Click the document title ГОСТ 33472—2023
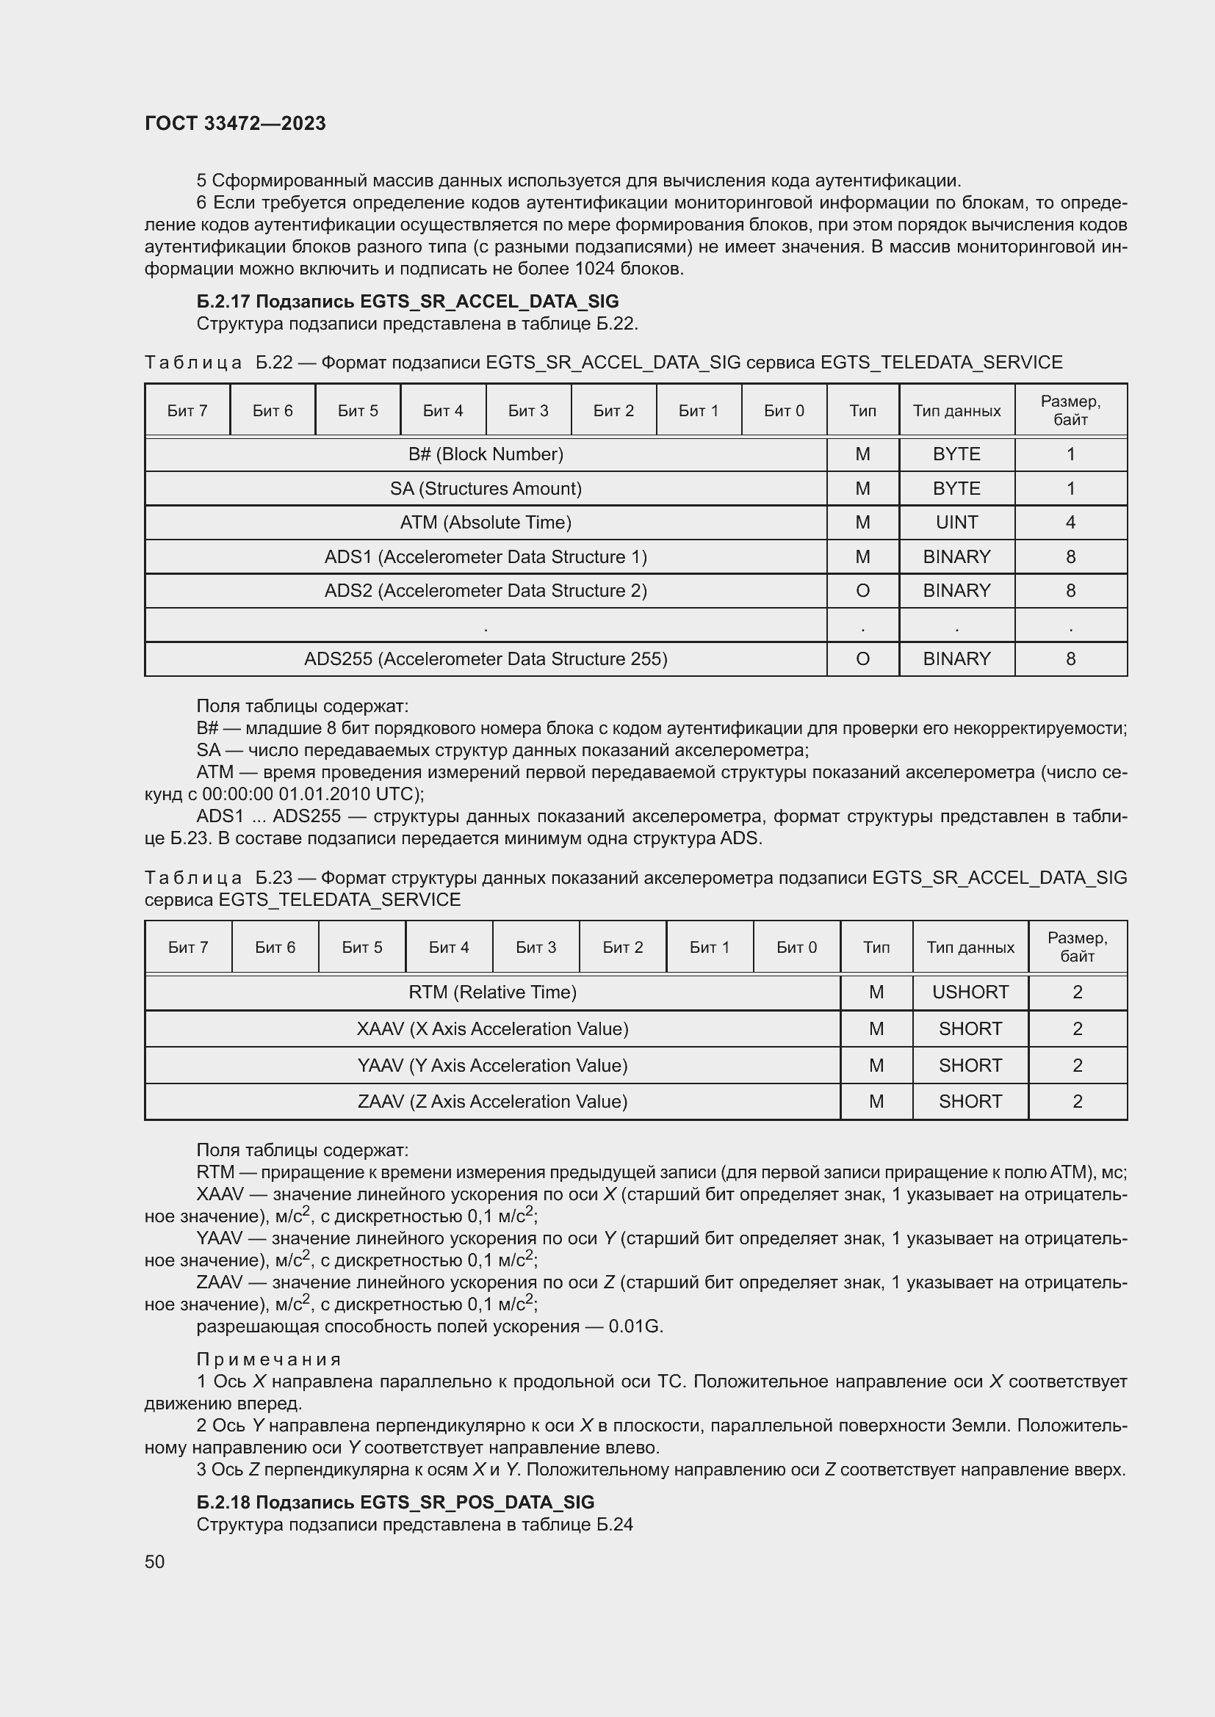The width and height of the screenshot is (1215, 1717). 235,123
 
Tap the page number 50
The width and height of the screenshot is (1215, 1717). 154,1561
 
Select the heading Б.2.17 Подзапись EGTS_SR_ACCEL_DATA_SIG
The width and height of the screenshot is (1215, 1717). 407,302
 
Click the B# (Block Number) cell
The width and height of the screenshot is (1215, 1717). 486,454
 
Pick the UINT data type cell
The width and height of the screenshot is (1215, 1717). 956,522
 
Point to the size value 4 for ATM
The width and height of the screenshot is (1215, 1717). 1070,522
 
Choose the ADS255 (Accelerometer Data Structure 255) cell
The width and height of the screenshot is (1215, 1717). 486,658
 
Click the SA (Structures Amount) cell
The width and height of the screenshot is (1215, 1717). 486,488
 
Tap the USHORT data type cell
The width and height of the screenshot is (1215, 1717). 970,992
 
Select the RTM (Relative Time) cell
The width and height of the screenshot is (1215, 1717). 492,992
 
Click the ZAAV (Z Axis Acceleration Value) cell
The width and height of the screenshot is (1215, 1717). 492,1101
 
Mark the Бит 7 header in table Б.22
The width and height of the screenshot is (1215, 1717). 187,410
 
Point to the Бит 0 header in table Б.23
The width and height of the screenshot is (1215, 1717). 796,947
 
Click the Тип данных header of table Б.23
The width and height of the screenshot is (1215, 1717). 970,947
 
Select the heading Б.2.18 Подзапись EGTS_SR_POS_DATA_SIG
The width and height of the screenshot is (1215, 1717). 395,1503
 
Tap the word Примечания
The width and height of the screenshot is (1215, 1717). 269,1360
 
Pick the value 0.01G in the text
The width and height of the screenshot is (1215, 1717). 635,1326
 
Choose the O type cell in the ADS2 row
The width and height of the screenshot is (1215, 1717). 862,591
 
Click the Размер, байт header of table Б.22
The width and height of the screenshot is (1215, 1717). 1070,410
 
